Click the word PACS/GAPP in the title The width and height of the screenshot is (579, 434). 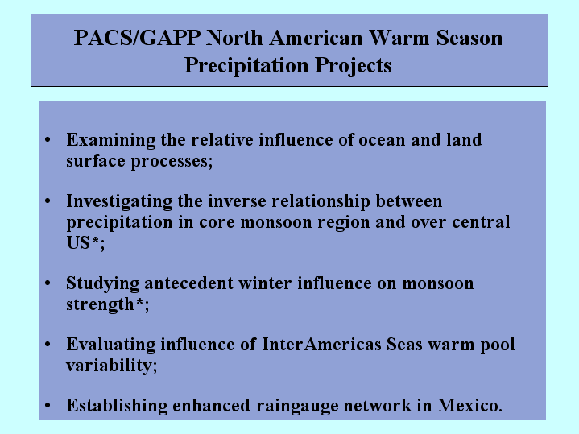(137, 38)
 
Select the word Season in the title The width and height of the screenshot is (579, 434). (469, 38)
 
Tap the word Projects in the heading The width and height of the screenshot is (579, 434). (353, 66)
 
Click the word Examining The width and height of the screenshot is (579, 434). (111, 141)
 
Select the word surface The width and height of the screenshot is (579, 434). (96, 161)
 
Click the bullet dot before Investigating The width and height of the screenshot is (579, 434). (48, 201)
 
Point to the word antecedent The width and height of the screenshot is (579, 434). (188, 283)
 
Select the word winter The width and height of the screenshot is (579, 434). (265, 283)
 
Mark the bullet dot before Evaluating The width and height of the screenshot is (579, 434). (48, 345)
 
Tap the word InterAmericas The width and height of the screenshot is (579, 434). (321, 345)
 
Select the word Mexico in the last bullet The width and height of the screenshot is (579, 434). (468, 405)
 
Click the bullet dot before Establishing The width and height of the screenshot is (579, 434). (48, 406)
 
